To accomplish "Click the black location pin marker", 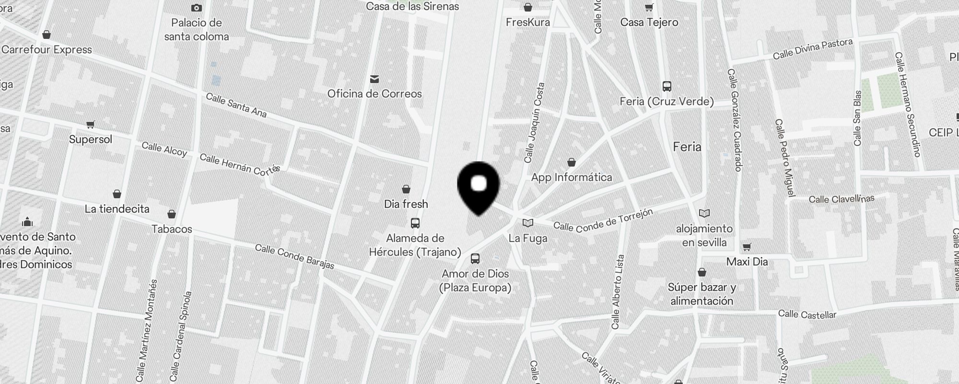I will click(x=479, y=187).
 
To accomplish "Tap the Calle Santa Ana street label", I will click(x=236, y=105).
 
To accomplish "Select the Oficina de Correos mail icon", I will click(x=374, y=79).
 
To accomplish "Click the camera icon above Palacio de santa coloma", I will click(x=197, y=8).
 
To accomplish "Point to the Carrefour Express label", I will click(x=47, y=50).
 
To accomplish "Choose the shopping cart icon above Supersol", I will click(x=90, y=125).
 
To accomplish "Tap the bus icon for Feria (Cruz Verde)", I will click(x=667, y=86).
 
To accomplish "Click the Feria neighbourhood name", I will click(x=687, y=147).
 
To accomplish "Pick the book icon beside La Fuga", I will click(x=527, y=223).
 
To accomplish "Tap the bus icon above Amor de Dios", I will click(x=475, y=259).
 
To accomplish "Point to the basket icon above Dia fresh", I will click(x=406, y=189).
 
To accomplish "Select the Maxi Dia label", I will click(x=747, y=262).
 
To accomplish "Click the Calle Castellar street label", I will click(x=807, y=314).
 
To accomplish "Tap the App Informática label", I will click(x=572, y=178).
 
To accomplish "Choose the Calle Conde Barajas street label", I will click(x=294, y=257).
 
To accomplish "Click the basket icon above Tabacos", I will click(x=172, y=214).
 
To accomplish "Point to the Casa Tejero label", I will click(x=649, y=23).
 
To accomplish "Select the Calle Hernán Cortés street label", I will click(x=239, y=165).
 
